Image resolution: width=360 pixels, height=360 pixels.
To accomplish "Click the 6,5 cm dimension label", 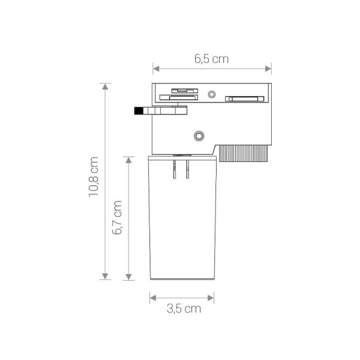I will [x=211, y=59].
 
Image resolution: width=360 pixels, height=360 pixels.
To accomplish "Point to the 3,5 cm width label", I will [x=183, y=309].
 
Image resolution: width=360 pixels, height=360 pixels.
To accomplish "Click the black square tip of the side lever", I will [x=138, y=110].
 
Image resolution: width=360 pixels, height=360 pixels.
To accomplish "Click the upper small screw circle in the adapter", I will [x=211, y=94].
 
